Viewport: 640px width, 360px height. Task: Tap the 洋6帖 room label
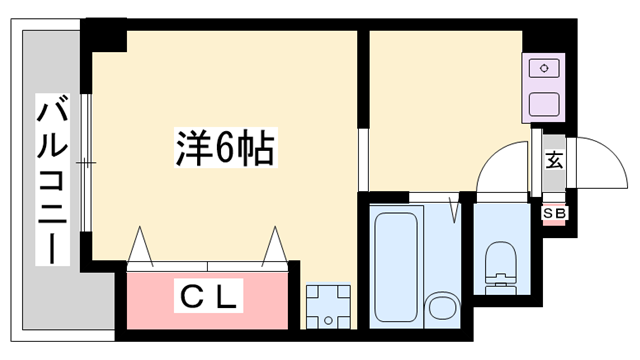click(x=220, y=150)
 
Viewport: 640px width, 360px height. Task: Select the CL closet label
click(x=211, y=297)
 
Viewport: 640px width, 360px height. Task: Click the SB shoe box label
click(x=553, y=213)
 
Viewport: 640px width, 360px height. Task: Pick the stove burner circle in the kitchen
click(x=545, y=68)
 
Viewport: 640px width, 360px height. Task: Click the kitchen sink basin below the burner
click(x=544, y=102)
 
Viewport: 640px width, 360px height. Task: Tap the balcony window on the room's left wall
click(x=87, y=160)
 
